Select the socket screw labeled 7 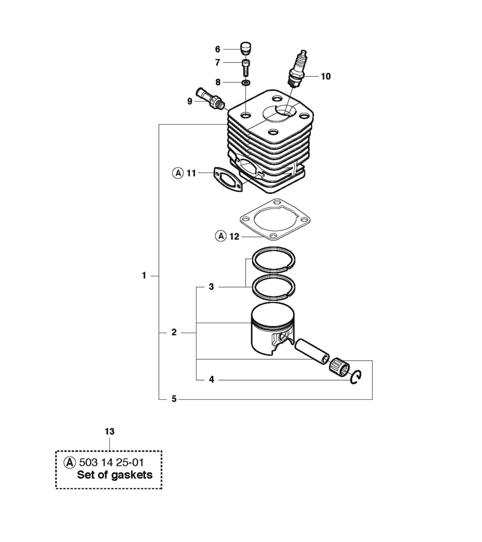pyautogui.click(x=246, y=67)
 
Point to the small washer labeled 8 pyautogui.click(x=246, y=83)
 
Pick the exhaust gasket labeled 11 pyautogui.click(x=228, y=179)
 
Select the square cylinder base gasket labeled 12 pyautogui.click(x=275, y=219)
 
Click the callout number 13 pyautogui.click(x=110, y=432)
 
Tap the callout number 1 pyautogui.click(x=144, y=275)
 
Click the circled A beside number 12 pyautogui.click(x=221, y=236)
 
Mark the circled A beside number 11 pyautogui.click(x=178, y=173)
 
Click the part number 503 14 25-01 pyautogui.click(x=111, y=462)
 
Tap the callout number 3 pyautogui.click(x=211, y=287)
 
